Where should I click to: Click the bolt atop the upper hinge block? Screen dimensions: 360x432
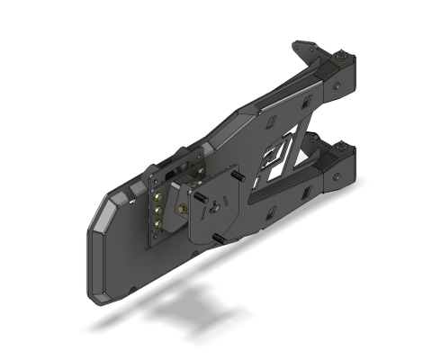click(x=344, y=58)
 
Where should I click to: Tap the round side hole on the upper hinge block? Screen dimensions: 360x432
click(x=336, y=87)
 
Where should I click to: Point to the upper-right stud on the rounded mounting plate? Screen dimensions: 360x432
click(x=238, y=177)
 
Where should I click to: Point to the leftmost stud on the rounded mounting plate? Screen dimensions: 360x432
click(x=195, y=191)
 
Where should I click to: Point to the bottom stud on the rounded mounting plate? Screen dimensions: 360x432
click(x=218, y=238)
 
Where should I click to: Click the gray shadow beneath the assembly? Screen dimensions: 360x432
click(x=180, y=310)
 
